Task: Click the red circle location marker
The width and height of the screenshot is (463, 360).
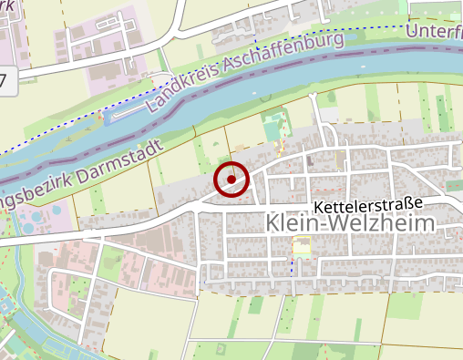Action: click(x=231, y=180)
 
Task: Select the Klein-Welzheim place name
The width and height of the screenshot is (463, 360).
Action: click(x=352, y=223)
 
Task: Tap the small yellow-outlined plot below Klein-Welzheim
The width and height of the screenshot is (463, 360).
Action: click(x=301, y=246)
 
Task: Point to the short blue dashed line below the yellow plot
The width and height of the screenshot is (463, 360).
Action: click(x=293, y=266)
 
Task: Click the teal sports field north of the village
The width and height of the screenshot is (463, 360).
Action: click(x=271, y=127)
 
